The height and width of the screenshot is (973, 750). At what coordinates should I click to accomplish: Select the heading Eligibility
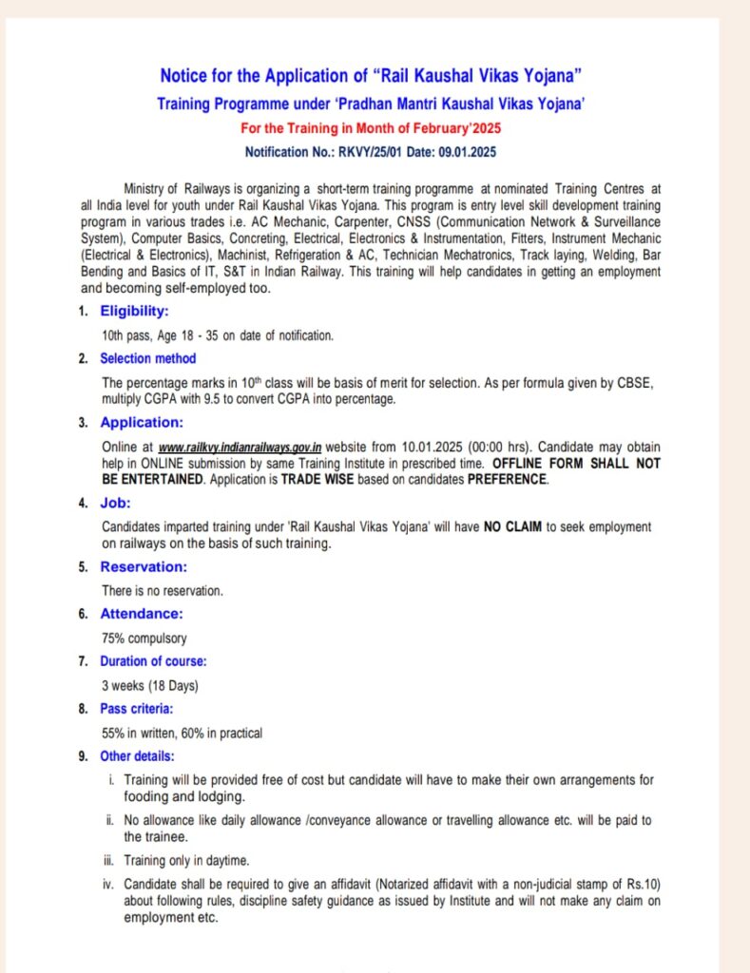click(134, 311)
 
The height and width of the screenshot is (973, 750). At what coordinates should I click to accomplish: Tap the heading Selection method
click(147, 358)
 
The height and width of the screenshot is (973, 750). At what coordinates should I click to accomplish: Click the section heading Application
click(142, 423)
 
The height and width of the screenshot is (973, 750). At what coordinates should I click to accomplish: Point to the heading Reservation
click(144, 567)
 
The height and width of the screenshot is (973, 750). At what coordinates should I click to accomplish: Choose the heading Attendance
click(142, 614)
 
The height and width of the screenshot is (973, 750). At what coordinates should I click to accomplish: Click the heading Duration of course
click(153, 660)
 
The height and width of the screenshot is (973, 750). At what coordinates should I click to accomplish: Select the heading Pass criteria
click(137, 709)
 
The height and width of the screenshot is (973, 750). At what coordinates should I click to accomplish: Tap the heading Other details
click(137, 756)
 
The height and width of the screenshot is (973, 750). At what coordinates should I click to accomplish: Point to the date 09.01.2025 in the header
click(465, 151)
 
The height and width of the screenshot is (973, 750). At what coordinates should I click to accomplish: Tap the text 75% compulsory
click(144, 639)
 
